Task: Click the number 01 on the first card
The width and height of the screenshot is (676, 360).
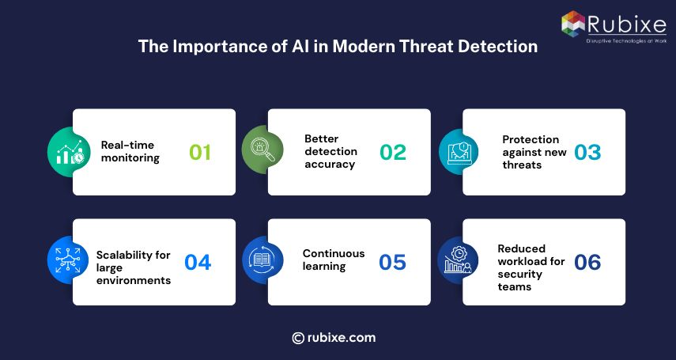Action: click(200, 152)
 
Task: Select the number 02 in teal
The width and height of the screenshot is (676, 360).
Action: click(393, 152)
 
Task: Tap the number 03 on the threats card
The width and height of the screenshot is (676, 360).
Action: click(587, 152)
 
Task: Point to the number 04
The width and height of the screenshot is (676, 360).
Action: click(198, 262)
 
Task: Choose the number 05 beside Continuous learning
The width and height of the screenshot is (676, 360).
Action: click(392, 262)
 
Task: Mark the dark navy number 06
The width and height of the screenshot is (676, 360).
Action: click(587, 262)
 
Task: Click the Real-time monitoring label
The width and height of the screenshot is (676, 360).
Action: click(130, 151)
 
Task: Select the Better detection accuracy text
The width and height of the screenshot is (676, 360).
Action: click(330, 151)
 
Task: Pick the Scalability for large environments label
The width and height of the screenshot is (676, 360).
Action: click(133, 267)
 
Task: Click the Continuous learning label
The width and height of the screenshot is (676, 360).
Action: click(333, 260)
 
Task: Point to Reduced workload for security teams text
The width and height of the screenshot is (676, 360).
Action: click(531, 267)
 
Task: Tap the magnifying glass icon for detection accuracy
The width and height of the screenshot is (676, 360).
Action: click(262, 151)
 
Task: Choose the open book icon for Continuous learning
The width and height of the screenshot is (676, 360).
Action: click(262, 260)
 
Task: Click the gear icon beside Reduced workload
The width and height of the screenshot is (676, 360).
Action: click(457, 260)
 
